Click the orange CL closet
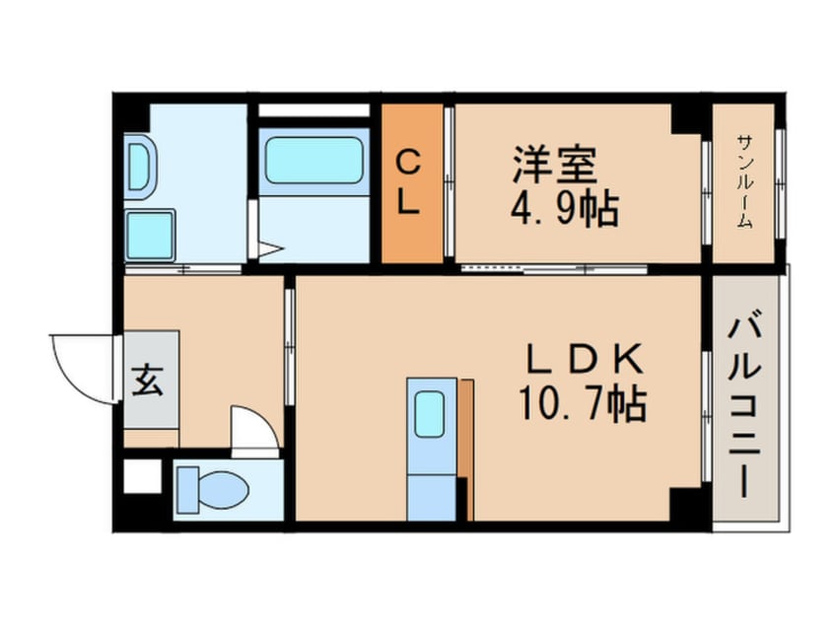click(x=412, y=183)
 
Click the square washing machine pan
click(x=151, y=234)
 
